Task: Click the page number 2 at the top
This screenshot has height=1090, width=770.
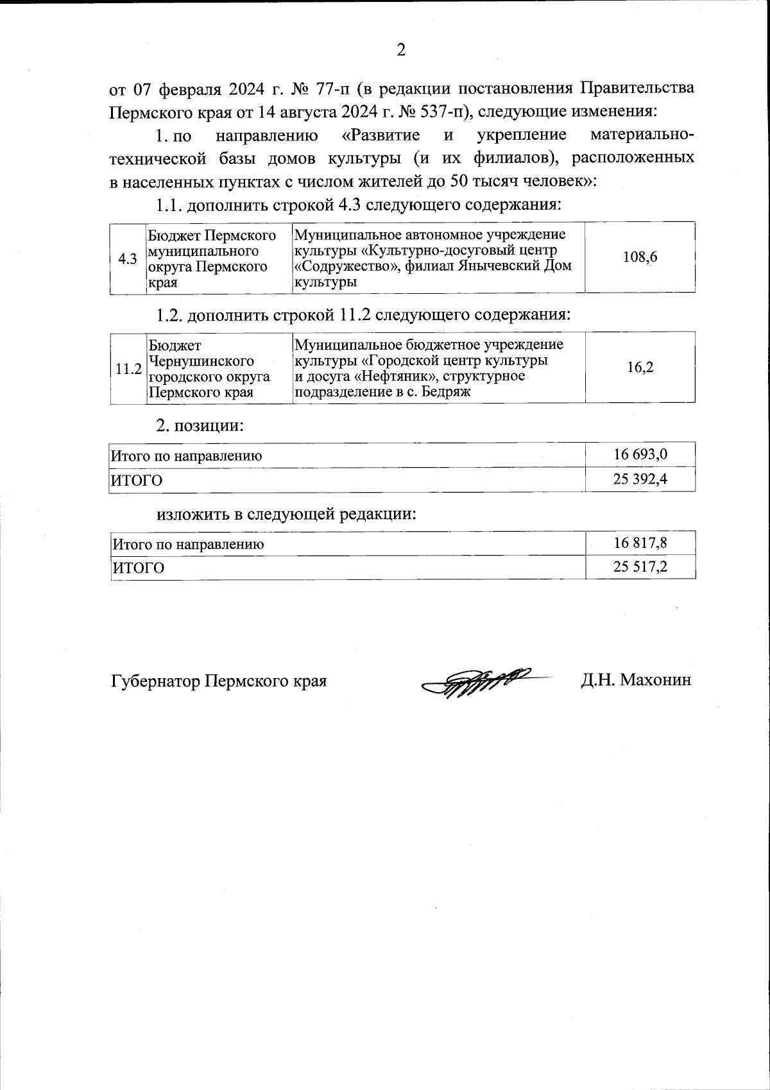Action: pyautogui.click(x=401, y=50)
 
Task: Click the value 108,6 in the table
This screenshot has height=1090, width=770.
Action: pyautogui.click(x=640, y=257)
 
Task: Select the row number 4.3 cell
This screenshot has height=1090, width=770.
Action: pyautogui.click(x=128, y=259)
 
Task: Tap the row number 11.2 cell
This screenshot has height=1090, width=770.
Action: pyautogui.click(x=128, y=369)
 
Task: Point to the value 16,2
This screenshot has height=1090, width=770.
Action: pyautogui.click(x=640, y=368)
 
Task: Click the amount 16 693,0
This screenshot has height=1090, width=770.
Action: pyautogui.click(x=640, y=455)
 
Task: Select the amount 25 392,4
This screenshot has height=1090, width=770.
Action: pyautogui.click(x=640, y=479)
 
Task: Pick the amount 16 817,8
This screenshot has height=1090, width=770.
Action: pyautogui.click(x=640, y=543)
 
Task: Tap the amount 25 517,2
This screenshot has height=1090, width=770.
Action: pyautogui.click(x=640, y=566)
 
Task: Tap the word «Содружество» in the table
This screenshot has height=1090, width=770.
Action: pyautogui.click(x=338, y=266)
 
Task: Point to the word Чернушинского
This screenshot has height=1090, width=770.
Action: pyautogui.click(x=201, y=361)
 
